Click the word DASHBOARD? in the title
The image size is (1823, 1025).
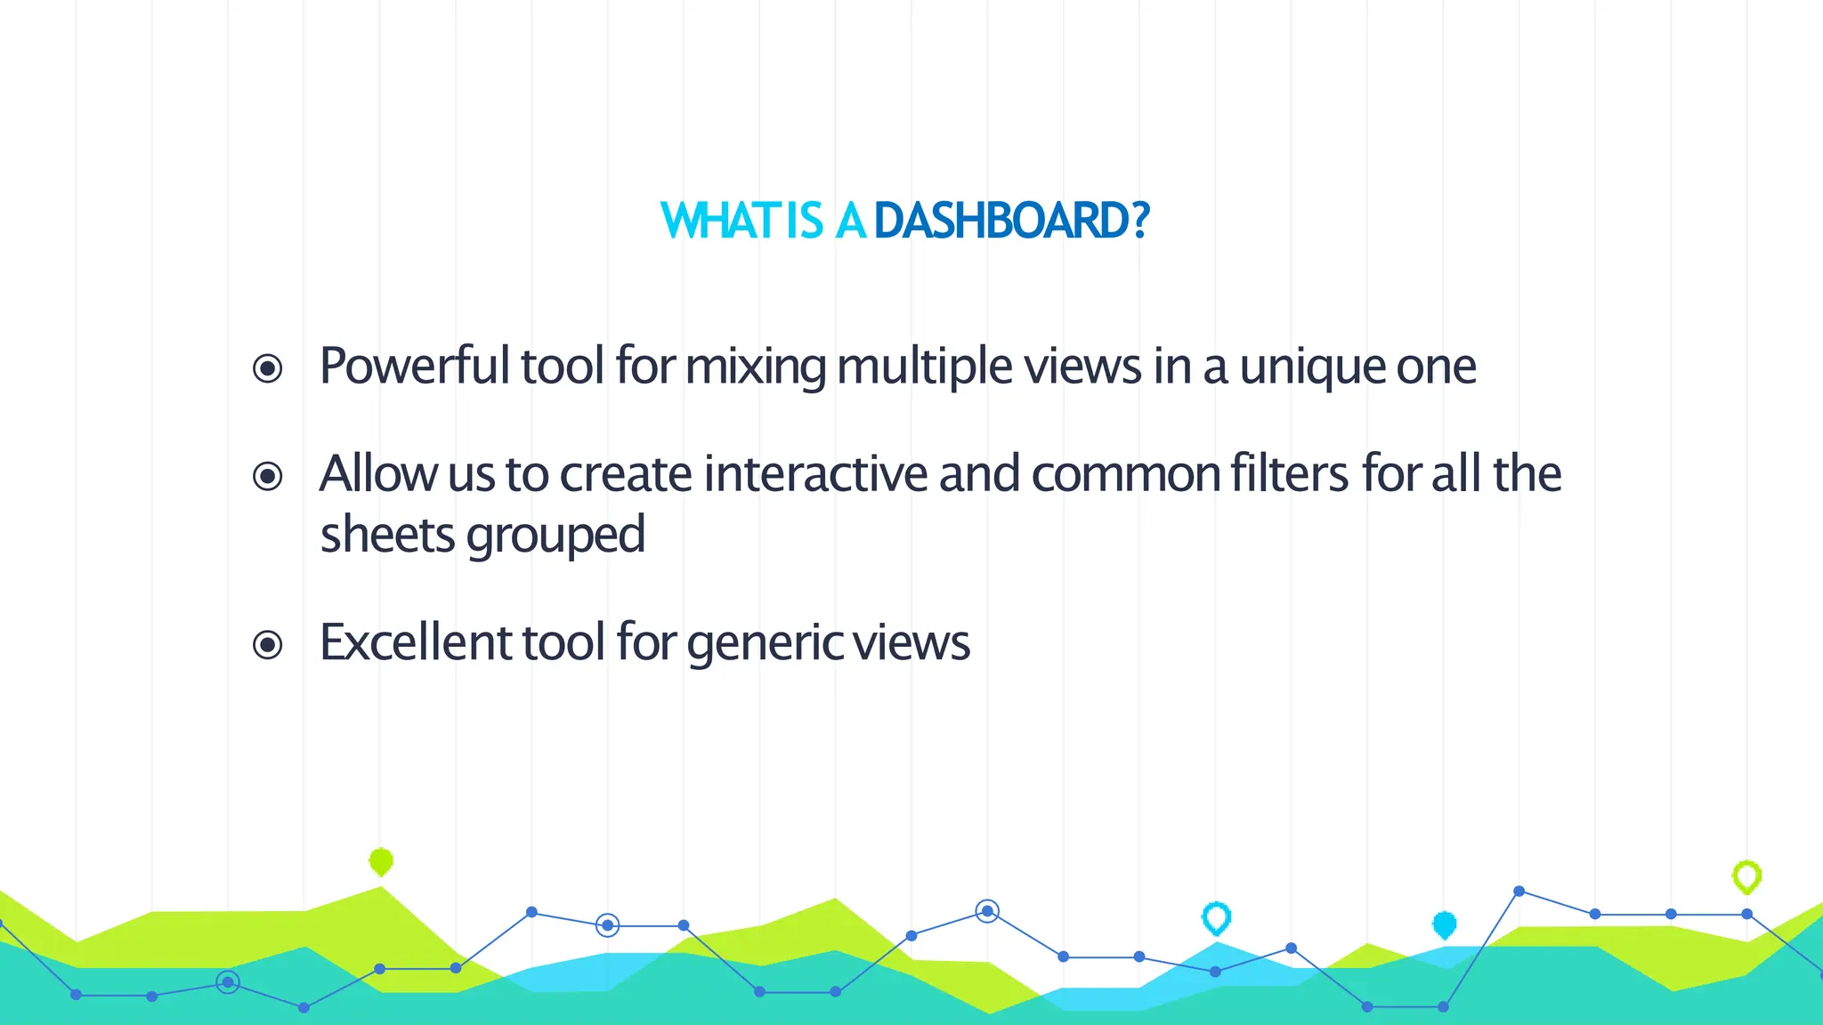point(1012,221)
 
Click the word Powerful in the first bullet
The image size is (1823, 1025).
point(414,367)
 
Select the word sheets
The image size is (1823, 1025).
point(387,535)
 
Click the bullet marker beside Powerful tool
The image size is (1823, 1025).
point(268,368)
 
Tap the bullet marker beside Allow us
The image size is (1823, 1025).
point(268,476)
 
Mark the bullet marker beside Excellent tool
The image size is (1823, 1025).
point(268,644)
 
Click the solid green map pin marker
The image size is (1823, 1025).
point(381,861)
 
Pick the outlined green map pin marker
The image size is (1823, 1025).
point(1746,876)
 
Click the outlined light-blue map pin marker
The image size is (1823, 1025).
point(1216,917)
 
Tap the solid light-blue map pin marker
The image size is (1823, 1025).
point(1445,925)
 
